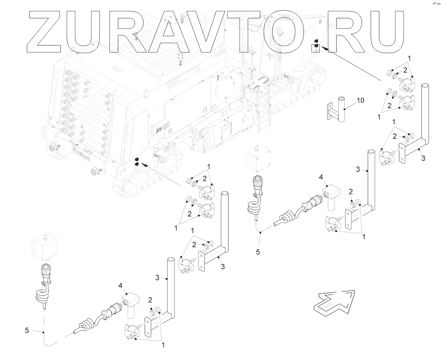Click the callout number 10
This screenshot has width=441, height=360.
coord(360,100)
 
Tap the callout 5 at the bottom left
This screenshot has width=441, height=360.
coord(27,330)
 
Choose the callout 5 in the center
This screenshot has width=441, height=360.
coord(258,252)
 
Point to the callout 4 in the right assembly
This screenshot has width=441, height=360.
coord(321,177)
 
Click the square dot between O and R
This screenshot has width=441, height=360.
coord(315,48)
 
